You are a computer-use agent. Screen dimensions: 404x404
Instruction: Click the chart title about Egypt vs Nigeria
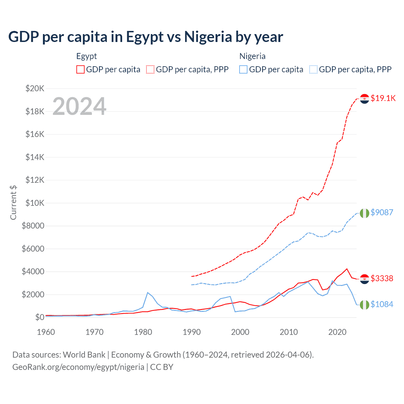146,37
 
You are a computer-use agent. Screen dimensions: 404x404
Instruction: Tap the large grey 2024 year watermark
79,106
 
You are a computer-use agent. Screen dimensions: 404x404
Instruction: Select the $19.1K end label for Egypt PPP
383,98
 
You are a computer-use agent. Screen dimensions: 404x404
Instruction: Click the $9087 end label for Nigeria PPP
382,212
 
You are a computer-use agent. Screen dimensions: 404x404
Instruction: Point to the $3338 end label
382,278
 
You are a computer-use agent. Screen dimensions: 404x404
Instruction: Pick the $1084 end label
382,304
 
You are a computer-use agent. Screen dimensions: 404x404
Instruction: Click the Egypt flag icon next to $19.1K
365,99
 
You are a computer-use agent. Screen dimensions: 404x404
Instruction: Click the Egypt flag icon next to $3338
365,279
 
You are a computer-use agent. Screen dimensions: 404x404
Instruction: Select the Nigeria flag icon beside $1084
365,305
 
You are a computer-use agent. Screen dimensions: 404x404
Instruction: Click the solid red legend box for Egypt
80,69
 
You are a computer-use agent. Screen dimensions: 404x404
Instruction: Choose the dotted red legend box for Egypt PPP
151,69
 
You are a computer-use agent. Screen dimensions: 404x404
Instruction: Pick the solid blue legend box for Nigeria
243,69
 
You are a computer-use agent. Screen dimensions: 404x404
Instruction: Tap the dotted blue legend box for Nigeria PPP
313,69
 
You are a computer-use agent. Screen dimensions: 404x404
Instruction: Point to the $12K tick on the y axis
35,180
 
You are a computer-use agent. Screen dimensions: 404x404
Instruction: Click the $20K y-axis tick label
35,88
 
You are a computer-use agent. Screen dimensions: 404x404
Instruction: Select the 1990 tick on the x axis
192,332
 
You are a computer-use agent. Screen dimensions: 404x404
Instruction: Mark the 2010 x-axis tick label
289,332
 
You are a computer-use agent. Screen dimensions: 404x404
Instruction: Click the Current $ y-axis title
13,203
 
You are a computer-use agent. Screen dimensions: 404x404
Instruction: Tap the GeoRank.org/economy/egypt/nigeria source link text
78,367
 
